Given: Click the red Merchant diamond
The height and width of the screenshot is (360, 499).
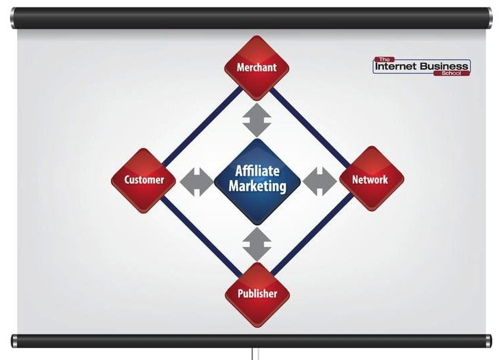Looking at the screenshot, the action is tap(257, 68).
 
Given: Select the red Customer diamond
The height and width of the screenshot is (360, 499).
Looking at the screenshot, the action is tap(143, 180).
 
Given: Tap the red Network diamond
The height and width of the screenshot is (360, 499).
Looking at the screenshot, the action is tap(372, 178).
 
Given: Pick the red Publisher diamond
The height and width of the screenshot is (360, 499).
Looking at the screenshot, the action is tap(258, 295).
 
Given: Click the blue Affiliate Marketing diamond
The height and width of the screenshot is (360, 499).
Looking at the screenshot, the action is tap(258, 182).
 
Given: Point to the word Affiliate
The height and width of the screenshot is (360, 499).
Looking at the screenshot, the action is tap(258, 171).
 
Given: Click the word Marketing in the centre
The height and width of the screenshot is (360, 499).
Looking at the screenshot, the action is tap(258, 186).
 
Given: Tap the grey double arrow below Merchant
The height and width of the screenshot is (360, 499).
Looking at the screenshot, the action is tap(257, 120).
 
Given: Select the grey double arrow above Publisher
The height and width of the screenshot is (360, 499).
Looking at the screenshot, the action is tap(257, 244).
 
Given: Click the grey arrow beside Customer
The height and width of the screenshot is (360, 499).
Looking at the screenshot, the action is tap(196, 182).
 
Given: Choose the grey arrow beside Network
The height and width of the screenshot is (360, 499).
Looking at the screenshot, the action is tap(319, 182).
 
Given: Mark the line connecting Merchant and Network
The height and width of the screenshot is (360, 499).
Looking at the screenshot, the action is tap(310, 127).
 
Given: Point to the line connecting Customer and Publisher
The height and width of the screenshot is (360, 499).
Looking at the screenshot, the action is tap(200, 236).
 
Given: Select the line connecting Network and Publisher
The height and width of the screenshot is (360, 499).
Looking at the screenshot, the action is tap(313, 235).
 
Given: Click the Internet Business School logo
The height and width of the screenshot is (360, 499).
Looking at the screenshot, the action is tap(422, 67).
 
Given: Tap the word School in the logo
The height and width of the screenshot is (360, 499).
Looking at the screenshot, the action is tap(451, 73).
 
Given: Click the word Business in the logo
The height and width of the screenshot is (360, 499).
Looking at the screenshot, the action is tap(444, 66).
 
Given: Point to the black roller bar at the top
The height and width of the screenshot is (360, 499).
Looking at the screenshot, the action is tap(252, 18).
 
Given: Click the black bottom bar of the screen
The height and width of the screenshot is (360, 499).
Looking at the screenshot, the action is tap(252, 341).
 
